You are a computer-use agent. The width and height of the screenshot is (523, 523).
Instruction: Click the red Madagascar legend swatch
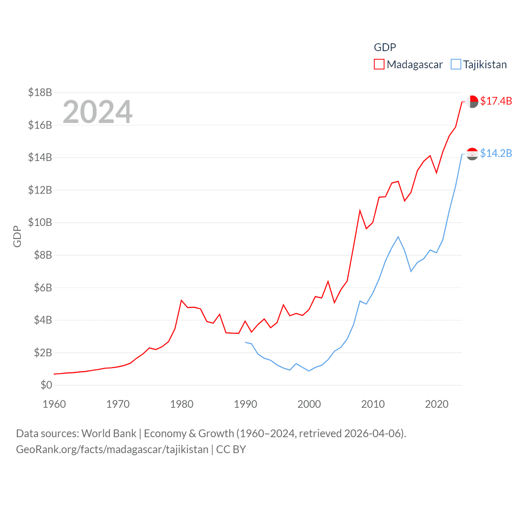pos(379,65)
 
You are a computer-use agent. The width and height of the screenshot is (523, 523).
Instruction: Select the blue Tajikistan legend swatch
pos(456,65)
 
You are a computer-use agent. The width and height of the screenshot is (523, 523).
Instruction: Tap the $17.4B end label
pos(496,101)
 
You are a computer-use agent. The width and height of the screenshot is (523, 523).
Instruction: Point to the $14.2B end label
pos(496,153)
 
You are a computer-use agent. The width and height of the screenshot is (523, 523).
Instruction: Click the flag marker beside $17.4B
pos(472,101)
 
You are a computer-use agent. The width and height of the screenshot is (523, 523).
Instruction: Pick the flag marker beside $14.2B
pos(472,154)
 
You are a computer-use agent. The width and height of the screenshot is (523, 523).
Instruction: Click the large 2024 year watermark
pos(97,112)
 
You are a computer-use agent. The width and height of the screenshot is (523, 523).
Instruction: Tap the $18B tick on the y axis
pos(40,92)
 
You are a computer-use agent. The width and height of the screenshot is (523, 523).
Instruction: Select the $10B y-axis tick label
pos(40,222)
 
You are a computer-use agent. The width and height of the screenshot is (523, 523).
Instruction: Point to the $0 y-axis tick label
pos(46,385)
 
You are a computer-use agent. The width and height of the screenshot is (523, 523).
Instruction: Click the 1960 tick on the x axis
pos(54,404)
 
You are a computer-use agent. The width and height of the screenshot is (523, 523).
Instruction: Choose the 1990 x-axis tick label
pos(246,404)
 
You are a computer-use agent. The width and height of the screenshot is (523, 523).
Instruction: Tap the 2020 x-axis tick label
pos(437,404)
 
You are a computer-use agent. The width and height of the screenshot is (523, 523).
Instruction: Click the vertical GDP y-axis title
pos(17,236)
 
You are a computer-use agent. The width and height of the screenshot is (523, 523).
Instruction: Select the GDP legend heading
pos(385,47)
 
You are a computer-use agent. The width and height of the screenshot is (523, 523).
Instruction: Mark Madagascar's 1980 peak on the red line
pos(181,300)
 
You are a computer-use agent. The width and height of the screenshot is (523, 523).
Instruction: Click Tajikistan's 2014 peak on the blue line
pos(398,237)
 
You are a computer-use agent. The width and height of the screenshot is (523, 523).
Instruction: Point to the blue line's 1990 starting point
pos(246,342)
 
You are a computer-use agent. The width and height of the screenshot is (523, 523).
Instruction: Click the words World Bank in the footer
pos(109,433)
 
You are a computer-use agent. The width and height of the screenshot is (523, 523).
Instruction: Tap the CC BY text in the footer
pos(231,449)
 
